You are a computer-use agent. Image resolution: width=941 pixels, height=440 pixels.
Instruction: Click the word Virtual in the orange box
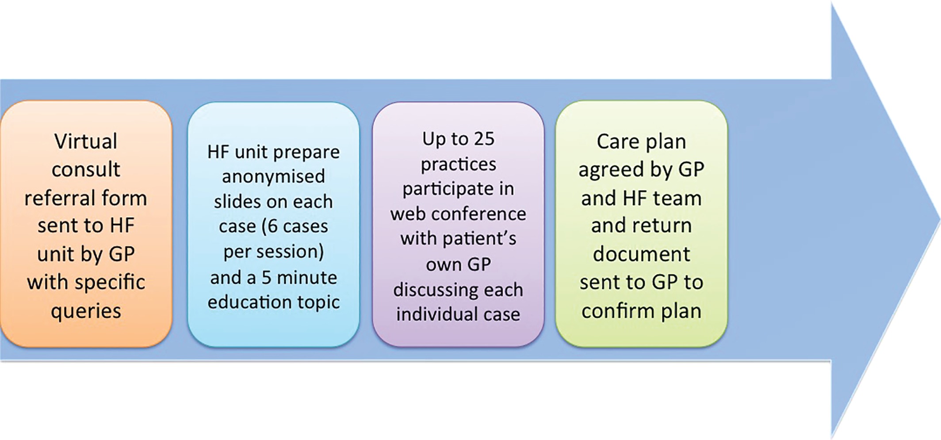coord(86,142)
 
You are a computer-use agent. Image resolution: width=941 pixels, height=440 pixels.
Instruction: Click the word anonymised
coord(273,177)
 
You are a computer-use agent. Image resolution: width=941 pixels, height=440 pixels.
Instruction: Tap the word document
coord(641,254)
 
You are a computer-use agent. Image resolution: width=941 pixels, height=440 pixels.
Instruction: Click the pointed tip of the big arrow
coord(939,220)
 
